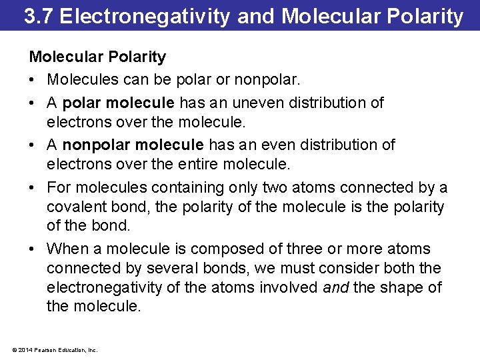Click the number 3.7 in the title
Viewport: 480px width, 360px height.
click(38, 16)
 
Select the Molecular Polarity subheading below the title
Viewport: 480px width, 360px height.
click(97, 57)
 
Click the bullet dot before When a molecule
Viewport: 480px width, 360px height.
click(32, 249)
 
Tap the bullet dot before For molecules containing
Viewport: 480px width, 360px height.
click(32, 189)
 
